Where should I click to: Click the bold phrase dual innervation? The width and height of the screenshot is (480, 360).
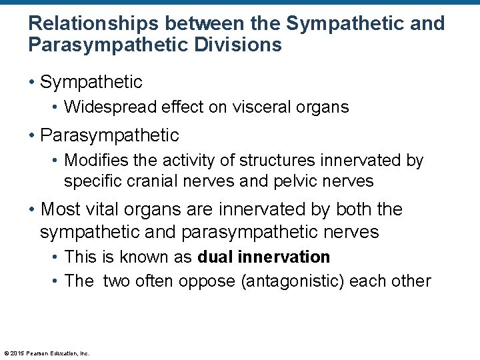point(264,257)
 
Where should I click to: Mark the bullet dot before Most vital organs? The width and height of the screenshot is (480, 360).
point(32,209)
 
